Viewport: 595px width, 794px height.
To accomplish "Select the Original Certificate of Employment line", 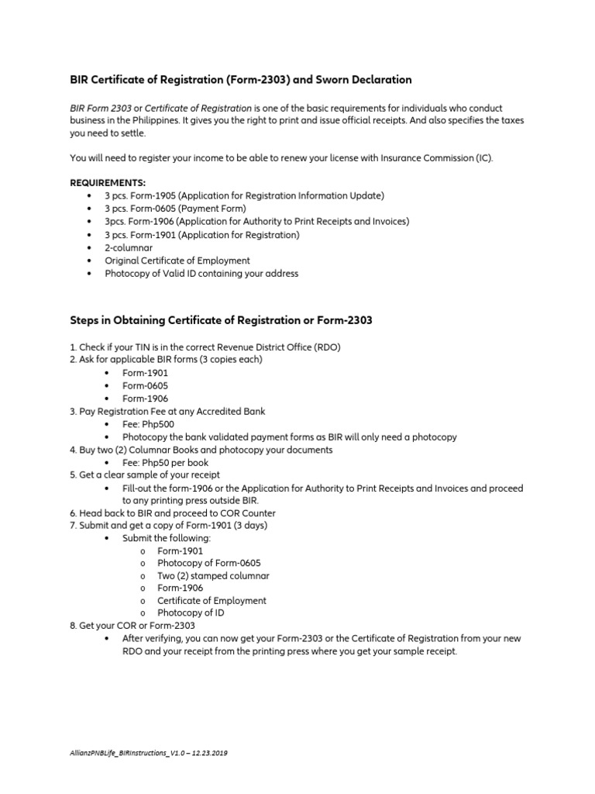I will (177, 261).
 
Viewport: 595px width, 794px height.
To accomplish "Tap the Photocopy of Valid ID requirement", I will (201, 274).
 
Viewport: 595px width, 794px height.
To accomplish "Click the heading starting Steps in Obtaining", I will (221, 321).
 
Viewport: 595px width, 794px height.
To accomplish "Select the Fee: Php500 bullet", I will (148, 424).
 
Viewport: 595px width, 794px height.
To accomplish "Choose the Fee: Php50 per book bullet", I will (162, 462).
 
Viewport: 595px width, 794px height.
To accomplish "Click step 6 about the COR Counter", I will (173, 513).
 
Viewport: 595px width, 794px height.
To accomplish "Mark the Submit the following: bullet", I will (167, 538).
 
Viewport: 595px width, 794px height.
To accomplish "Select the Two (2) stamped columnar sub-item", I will (213, 576).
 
